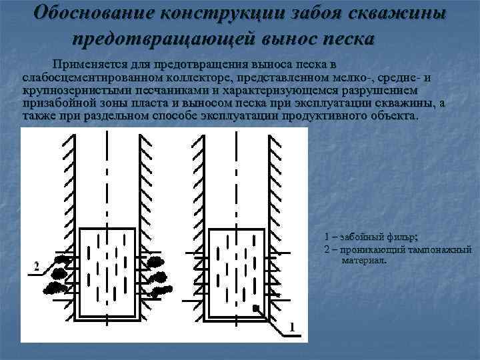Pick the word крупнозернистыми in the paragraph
point(70,89)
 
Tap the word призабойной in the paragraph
point(57,102)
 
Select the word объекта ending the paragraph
point(397,115)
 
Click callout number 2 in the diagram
point(36,267)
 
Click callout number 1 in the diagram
point(291,326)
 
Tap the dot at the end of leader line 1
point(255,308)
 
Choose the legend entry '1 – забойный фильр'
point(371,237)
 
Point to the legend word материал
point(364,260)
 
